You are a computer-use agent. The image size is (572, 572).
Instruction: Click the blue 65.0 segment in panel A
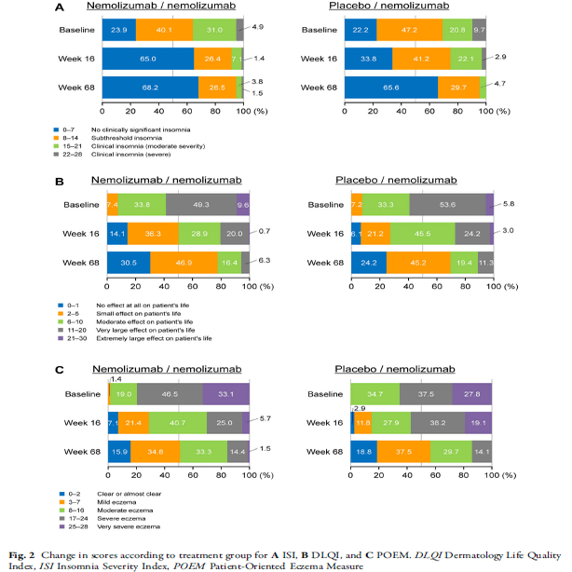[148, 60]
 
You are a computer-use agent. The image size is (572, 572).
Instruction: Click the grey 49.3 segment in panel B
[201, 205]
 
